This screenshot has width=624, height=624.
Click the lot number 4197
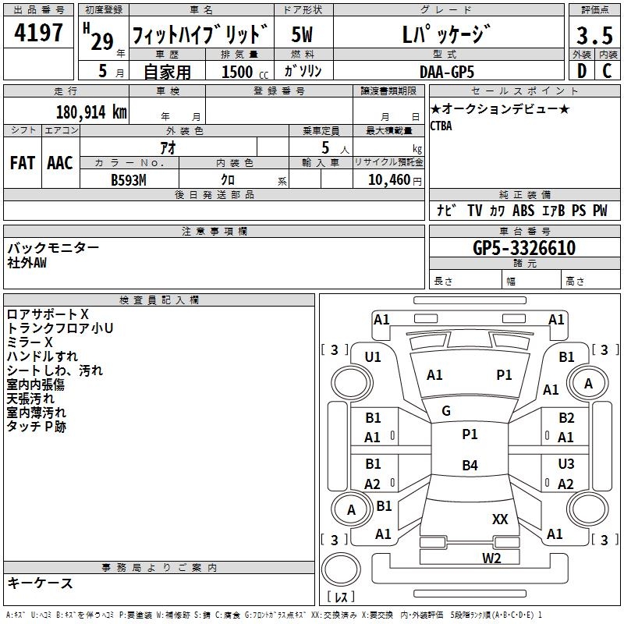point(38,33)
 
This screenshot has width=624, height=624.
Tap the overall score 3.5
point(594,35)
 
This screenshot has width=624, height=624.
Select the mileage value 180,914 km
point(91,112)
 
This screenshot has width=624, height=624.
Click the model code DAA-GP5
point(447,72)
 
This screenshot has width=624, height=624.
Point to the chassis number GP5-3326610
point(524,248)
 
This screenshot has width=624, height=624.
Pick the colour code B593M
point(129,180)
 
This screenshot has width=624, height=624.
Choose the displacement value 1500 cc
point(245,72)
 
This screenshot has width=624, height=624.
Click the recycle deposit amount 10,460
point(389,180)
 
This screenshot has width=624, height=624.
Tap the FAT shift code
point(23,163)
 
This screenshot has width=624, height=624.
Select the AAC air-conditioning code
point(60,163)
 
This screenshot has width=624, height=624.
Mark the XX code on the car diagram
point(500,519)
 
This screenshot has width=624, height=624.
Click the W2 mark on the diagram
point(491,558)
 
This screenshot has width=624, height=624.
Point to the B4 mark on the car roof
point(470,465)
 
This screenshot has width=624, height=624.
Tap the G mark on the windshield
point(446,411)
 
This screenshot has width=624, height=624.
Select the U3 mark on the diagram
point(566,463)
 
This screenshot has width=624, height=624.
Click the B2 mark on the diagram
point(566,418)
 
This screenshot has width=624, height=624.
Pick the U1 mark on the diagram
point(373,357)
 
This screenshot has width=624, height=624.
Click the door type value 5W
point(302,34)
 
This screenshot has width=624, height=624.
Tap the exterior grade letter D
point(582,71)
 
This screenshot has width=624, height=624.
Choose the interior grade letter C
point(607,71)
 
